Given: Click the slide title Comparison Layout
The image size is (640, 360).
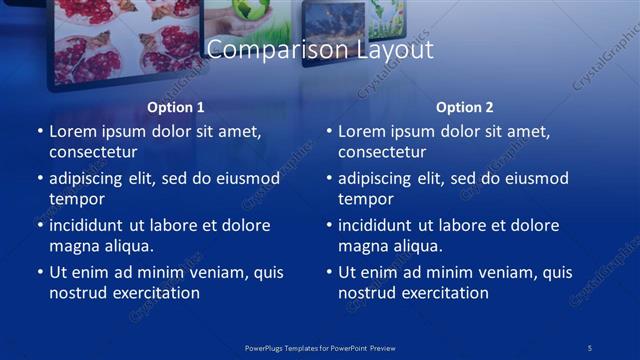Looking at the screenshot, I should click(x=320, y=49).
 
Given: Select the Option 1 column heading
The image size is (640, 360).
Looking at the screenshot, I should click(x=176, y=107).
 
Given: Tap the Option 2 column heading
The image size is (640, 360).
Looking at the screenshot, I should click(x=465, y=107).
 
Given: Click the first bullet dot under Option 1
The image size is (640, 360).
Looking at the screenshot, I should click(x=40, y=132).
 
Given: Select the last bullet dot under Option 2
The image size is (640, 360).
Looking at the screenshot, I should click(x=329, y=272).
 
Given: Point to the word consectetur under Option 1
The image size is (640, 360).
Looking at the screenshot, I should click(x=93, y=152).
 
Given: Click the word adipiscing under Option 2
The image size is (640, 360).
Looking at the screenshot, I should click(x=375, y=179).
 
